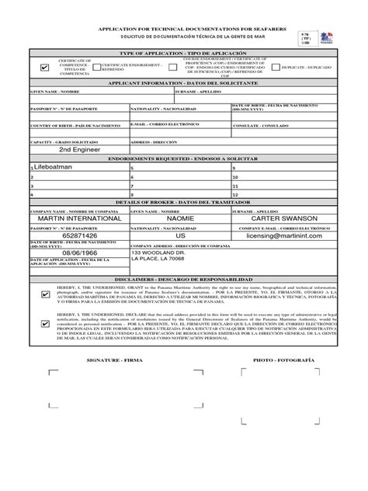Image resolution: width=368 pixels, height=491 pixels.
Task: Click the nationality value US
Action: (x=180, y=235)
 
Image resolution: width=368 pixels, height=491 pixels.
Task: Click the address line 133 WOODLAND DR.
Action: (x=158, y=253)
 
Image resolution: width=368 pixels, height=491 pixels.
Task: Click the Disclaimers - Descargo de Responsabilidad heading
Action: (x=184, y=277)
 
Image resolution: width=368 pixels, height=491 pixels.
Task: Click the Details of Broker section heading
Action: (x=184, y=202)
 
